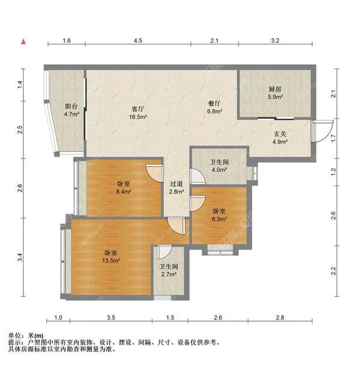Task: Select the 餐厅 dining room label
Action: (214, 103)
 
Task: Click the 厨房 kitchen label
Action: (275, 89)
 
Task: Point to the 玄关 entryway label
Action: (280, 134)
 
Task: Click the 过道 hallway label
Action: (176, 184)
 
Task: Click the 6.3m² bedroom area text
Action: (219, 220)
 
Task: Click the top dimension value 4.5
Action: (138, 41)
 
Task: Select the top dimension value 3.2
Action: (275, 41)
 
